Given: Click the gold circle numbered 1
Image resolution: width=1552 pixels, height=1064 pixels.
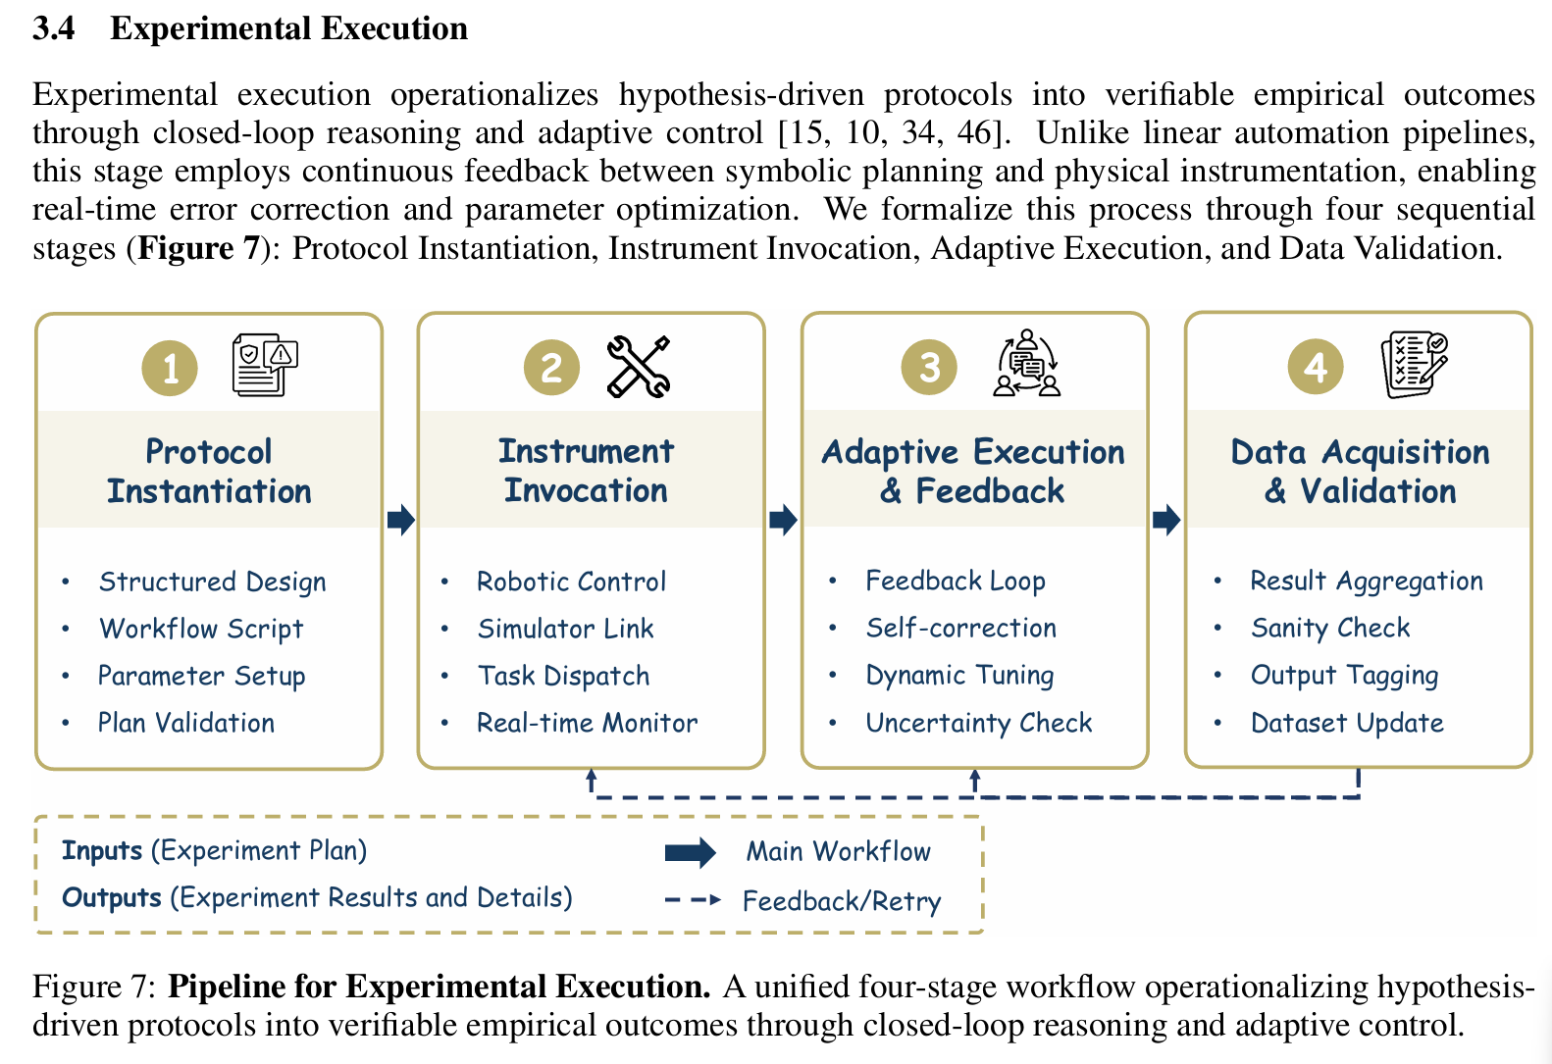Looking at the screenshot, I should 170,368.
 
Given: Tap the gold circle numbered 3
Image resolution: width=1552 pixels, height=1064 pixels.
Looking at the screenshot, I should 928,368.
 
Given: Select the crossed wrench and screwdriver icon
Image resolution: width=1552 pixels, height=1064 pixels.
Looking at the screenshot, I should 639,367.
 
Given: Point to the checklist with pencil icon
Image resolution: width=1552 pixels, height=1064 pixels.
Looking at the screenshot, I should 1414,364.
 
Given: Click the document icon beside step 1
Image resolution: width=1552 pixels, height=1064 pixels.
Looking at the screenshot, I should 265,365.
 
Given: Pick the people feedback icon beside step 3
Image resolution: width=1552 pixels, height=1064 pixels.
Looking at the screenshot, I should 1027,363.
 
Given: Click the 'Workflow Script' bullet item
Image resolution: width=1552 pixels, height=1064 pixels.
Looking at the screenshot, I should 201,629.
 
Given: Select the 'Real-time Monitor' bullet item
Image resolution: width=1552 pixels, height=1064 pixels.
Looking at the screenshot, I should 587,723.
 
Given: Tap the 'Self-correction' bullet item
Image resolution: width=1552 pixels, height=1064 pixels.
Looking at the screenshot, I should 960,628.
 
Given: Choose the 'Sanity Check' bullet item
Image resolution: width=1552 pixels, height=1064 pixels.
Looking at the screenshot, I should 1329,628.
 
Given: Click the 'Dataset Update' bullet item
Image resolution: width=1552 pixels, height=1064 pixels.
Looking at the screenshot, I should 1347,723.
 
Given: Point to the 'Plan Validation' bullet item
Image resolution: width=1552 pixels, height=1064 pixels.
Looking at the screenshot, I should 186,723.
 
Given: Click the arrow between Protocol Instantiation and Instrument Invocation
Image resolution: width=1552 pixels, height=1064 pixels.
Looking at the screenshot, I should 400,519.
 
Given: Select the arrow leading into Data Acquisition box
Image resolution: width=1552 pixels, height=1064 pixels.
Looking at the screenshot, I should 1165,519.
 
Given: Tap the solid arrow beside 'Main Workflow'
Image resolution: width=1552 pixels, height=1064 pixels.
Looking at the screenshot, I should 691,852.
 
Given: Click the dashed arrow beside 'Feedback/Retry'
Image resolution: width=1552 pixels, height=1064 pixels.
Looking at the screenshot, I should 693,899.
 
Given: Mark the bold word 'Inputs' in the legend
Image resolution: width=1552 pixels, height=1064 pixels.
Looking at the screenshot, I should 102,850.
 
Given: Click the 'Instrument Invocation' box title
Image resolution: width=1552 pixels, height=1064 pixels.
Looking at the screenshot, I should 586,471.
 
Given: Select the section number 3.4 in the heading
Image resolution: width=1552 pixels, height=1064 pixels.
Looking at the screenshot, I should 54,28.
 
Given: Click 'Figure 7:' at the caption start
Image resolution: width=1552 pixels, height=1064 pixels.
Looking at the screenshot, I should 94,987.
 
